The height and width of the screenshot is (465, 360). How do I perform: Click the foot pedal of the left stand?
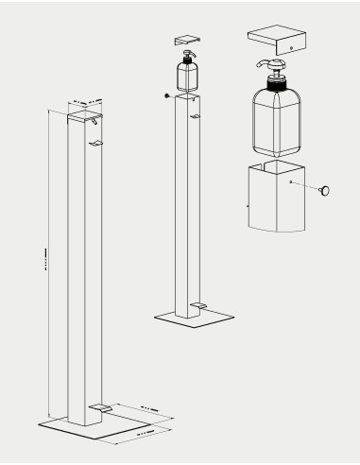(100, 405)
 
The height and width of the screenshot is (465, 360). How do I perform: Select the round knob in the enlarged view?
(326, 192)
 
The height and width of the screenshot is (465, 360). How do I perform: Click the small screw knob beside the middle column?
(166, 95)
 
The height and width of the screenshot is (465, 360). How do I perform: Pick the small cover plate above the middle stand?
(186, 40)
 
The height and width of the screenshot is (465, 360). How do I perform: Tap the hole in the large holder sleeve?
(292, 182)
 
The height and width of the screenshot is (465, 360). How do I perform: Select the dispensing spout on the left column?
(96, 144)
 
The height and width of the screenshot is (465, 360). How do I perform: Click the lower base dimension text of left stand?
(132, 432)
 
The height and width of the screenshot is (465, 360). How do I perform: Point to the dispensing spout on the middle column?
(194, 116)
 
